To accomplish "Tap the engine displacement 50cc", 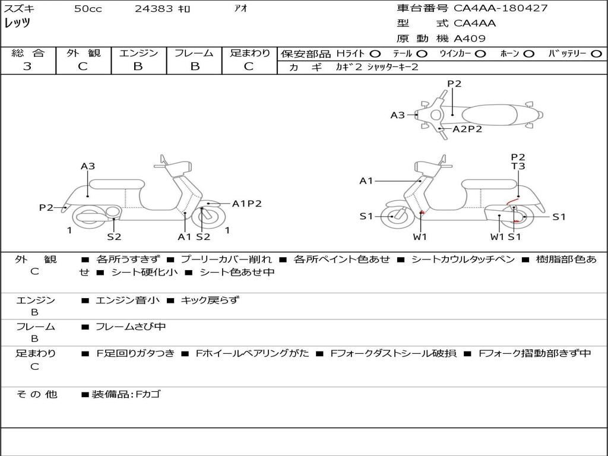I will click(x=88, y=9).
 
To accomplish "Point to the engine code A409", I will click(x=470, y=39).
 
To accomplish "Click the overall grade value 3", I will click(x=27, y=66).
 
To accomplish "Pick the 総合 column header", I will click(x=28, y=53).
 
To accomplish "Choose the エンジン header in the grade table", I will click(x=138, y=53).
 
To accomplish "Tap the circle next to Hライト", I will click(x=375, y=53).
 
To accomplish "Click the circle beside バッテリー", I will click(x=597, y=53).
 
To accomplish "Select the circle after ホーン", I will click(x=528, y=53).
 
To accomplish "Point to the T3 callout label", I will click(x=518, y=167).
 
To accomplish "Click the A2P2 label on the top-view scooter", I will click(x=467, y=129).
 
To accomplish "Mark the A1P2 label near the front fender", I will click(x=246, y=204).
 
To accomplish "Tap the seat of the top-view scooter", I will click(x=490, y=115).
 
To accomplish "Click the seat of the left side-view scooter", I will click(x=117, y=183).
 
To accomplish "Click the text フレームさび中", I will click(x=131, y=327).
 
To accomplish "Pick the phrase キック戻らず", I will click(x=210, y=300).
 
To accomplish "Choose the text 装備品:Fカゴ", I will click(x=125, y=394).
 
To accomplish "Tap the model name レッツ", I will click(x=17, y=24).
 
